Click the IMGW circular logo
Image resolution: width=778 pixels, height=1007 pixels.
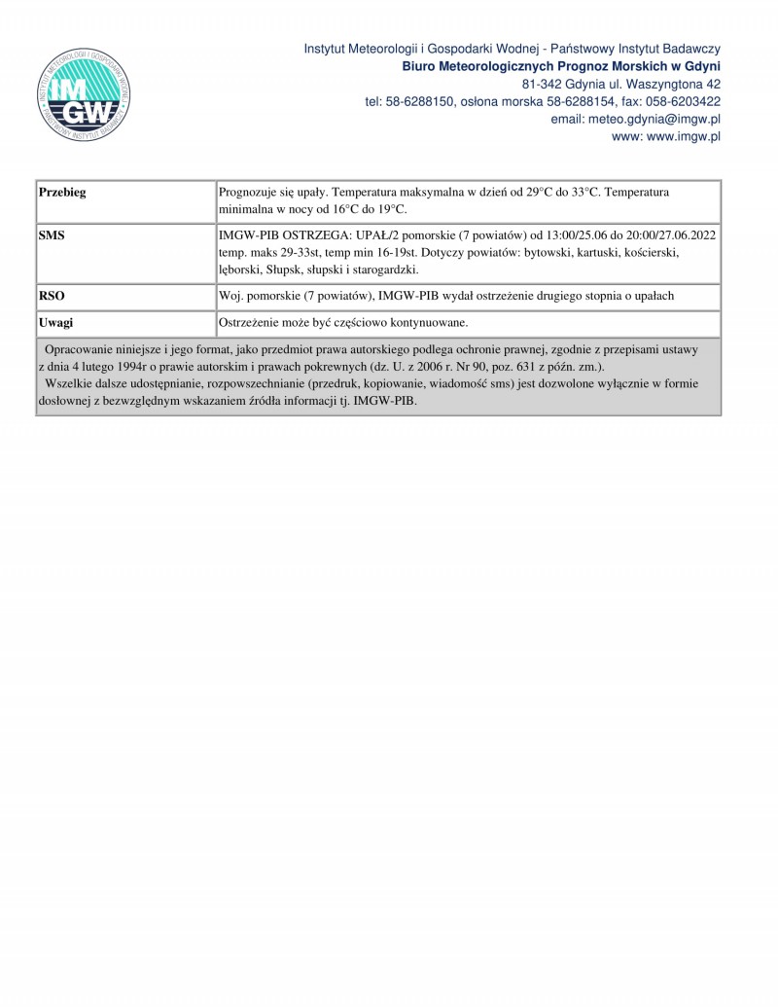pos(82,94)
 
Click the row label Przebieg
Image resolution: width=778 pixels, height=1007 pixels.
pos(62,193)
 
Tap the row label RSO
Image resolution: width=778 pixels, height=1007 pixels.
pos(52,295)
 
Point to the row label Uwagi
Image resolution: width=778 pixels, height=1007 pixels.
pos(56,322)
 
